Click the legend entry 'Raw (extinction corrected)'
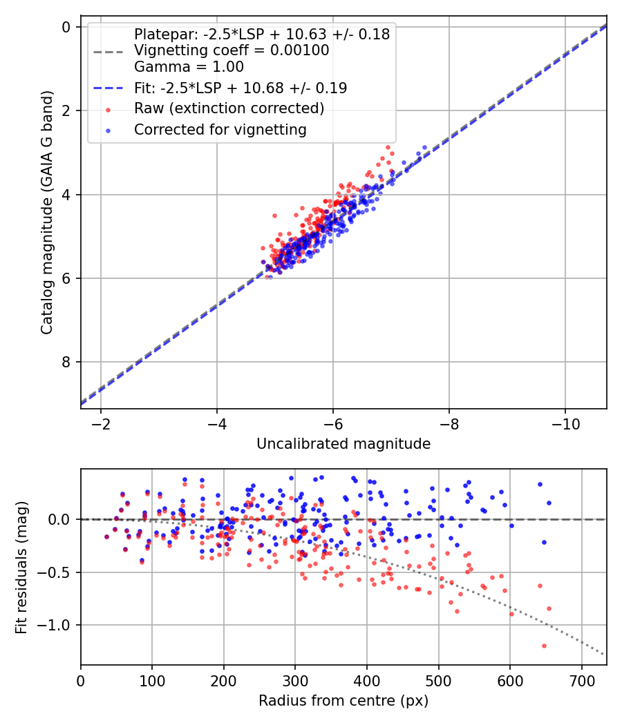pyautogui.click(x=229, y=108)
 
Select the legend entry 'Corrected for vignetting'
pyautogui.click(x=220, y=129)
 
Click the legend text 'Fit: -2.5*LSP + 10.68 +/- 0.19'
pyautogui.click(x=241, y=88)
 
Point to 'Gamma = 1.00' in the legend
pyautogui.click(x=189, y=67)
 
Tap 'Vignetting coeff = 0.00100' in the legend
pyautogui.click(x=232, y=50)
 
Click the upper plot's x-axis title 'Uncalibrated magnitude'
pyautogui.click(x=343, y=444)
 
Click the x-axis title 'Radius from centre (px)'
pyautogui.click(x=343, y=701)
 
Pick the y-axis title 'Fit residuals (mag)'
pyautogui.click(x=21, y=568)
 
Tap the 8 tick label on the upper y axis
pyautogui.click(x=66, y=362)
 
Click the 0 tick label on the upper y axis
pyautogui.click(x=66, y=27)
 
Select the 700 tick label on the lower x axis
pyautogui.click(x=581, y=680)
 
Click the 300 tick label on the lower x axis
pyautogui.click(x=295, y=680)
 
